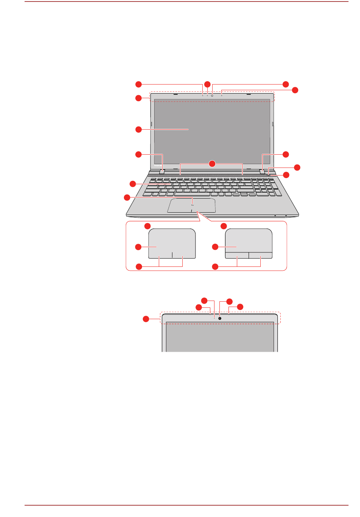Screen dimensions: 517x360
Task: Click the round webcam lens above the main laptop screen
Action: (x=212, y=95)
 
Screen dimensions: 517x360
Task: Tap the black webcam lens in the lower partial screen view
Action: (x=219, y=318)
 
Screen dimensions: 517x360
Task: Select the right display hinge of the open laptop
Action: (x=263, y=171)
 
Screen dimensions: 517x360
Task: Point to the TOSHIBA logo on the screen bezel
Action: (x=158, y=166)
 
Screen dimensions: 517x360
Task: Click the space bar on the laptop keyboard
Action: (x=192, y=194)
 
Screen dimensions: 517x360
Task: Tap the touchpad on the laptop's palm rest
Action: (x=191, y=205)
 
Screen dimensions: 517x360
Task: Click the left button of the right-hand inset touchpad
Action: (x=237, y=255)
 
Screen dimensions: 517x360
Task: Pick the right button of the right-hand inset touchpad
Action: (x=261, y=255)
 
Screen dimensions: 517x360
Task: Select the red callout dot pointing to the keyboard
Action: (x=132, y=184)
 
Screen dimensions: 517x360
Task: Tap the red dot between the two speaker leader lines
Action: (x=212, y=164)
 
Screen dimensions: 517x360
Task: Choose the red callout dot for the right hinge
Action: (x=285, y=154)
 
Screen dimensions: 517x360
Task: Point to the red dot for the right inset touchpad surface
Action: (x=215, y=247)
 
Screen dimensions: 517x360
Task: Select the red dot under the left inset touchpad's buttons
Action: (x=139, y=266)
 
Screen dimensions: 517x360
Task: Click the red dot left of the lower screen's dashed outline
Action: (x=146, y=319)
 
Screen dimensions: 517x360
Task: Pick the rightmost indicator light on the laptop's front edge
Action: (x=286, y=216)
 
